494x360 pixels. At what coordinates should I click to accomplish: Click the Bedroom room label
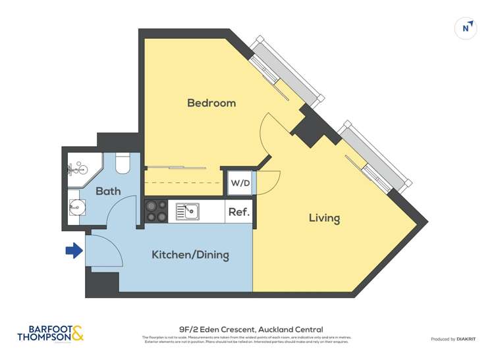pyautogui.click(x=211, y=103)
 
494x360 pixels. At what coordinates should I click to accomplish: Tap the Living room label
pyautogui.click(x=324, y=218)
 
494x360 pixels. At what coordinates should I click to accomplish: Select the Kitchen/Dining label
pyautogui.click(x=190, y=255)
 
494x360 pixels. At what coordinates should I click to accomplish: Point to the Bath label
pyautogui.click(x=108, y=192)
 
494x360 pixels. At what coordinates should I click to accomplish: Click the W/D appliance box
pyautogui.click(x=240, y=183)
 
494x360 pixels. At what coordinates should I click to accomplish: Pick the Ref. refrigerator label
pyautogui.click(x=238, y=212)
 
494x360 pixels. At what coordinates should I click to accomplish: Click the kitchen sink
pyautogui.click(x=188, y=211)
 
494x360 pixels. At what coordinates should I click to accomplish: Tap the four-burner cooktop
pyautogui.click(x=156, y=211)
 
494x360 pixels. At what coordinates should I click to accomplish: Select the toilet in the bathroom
pyautogui.click(x=123, y=164)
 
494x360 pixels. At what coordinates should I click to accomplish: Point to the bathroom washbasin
pyautogui.click(x=76, y=208)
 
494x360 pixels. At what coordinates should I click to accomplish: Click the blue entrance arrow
pyautogui.click(x=73, y=251)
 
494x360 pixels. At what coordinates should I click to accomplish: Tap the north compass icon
pyautogui.click(x=466, y=28)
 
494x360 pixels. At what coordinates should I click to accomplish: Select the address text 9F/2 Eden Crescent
pyautogui.click(x=250, y=329)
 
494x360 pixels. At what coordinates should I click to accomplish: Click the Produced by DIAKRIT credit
pyautogui.click(x=453, y=339)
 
